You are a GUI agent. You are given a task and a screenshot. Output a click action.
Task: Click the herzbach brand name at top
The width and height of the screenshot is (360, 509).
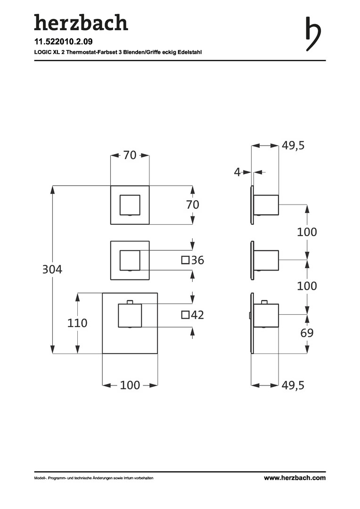[81, 23]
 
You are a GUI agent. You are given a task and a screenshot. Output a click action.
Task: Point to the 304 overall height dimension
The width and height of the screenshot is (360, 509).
[52, 270]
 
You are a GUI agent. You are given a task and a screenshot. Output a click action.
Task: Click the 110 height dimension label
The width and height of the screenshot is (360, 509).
[77, 323]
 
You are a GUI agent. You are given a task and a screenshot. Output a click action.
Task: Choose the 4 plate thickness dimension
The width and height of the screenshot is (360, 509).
[237, 172]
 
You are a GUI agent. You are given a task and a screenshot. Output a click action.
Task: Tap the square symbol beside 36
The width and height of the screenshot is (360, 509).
[185, 260]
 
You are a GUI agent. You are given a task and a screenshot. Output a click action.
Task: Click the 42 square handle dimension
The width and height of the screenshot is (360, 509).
[197, 315]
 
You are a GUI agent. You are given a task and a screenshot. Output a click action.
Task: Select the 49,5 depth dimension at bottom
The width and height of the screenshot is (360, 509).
[293, 385]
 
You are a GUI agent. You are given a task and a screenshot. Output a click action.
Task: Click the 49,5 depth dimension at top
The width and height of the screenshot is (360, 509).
[293, 146]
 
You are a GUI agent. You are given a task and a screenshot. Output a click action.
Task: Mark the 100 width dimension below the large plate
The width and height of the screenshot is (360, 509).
[130, 385]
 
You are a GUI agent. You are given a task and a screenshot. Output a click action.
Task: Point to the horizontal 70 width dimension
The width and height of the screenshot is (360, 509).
[130, 155]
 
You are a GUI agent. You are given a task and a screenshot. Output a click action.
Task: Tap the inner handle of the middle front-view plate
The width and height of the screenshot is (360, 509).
[130, 260]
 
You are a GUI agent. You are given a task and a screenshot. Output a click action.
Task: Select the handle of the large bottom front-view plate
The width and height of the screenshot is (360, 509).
[130, 315]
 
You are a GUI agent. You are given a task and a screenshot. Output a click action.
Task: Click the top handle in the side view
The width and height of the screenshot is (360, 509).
[266, 205]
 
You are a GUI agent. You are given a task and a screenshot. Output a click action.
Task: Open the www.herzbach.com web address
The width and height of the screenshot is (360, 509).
[295, 478]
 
